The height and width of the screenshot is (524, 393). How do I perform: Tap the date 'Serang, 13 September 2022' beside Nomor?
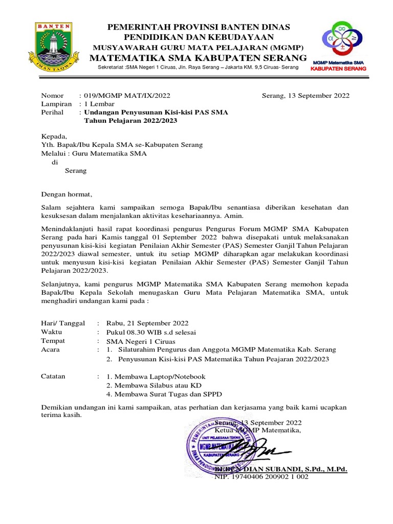pos(305,95)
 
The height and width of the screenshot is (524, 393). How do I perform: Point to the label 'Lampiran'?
pos(56,103)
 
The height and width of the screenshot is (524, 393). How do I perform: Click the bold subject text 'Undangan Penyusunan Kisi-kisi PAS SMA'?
pos(156,112)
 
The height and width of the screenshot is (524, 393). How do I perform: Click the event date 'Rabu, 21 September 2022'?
pos(147,323)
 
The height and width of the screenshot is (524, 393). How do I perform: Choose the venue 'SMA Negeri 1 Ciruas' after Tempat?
pos(140,341)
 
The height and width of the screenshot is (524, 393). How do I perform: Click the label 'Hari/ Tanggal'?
pos(62,323)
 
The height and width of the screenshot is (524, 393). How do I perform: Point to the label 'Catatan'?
pos(53,376)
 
